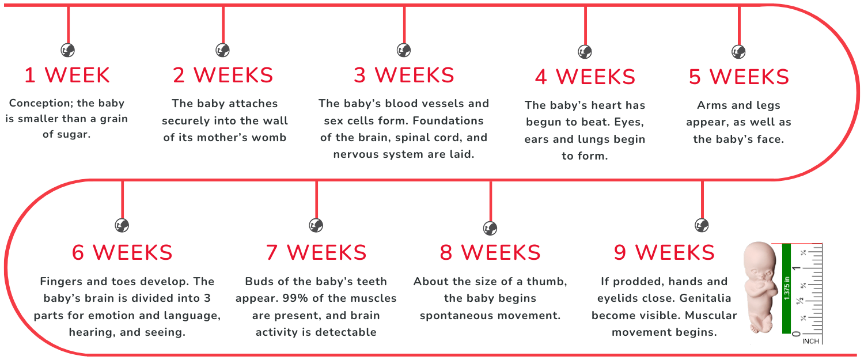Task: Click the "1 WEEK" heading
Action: click(x=67, y=75)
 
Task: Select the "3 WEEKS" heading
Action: click(x=404, y=75)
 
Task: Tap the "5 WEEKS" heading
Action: click(x=738, y=77)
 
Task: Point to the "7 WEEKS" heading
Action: click(x=316, y=252)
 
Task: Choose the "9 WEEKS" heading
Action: click(x=664, y=252)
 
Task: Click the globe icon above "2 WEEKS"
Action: click(x=222, y=50)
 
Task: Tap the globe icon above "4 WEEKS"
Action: click(x=585, y=52)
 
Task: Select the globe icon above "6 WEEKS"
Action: click(x=122, y=225)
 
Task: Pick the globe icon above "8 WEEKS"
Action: click(x=490, y=229)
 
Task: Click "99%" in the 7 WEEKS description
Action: click(x=297, y=298)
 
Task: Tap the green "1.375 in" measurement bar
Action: click(x=786, y=289)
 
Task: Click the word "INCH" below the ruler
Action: click(x=810, y=341)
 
